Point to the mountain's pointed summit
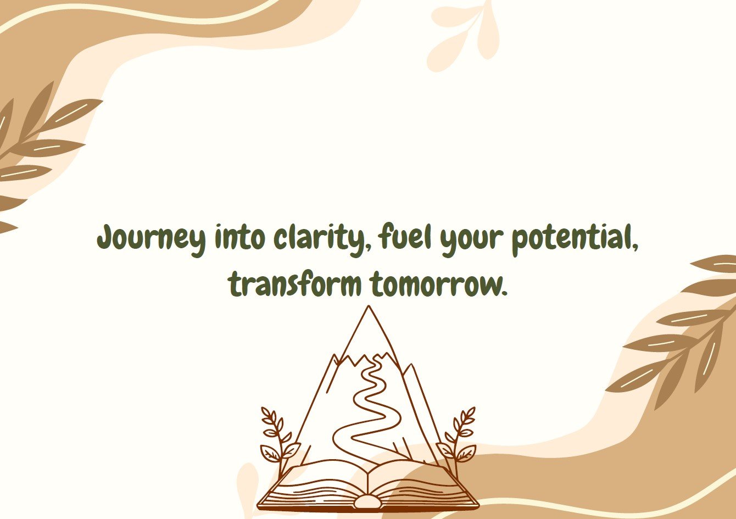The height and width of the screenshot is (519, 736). [369, 306]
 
